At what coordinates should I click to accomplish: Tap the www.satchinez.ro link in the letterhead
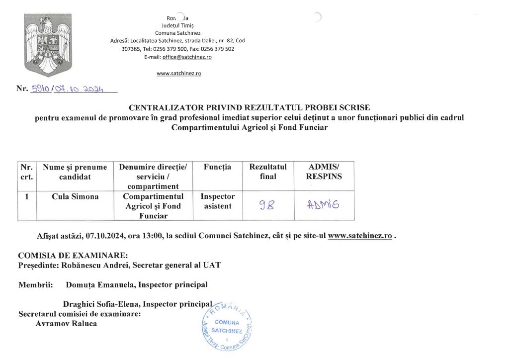coord(179,74)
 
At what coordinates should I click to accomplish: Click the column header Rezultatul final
coord(268,172)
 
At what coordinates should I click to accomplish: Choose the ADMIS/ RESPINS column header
coord(324,172)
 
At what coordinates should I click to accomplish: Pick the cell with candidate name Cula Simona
coord(75,196)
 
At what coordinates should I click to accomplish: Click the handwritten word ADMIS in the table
coord(323,204)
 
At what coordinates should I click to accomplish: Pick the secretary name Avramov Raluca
coord(66,323)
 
